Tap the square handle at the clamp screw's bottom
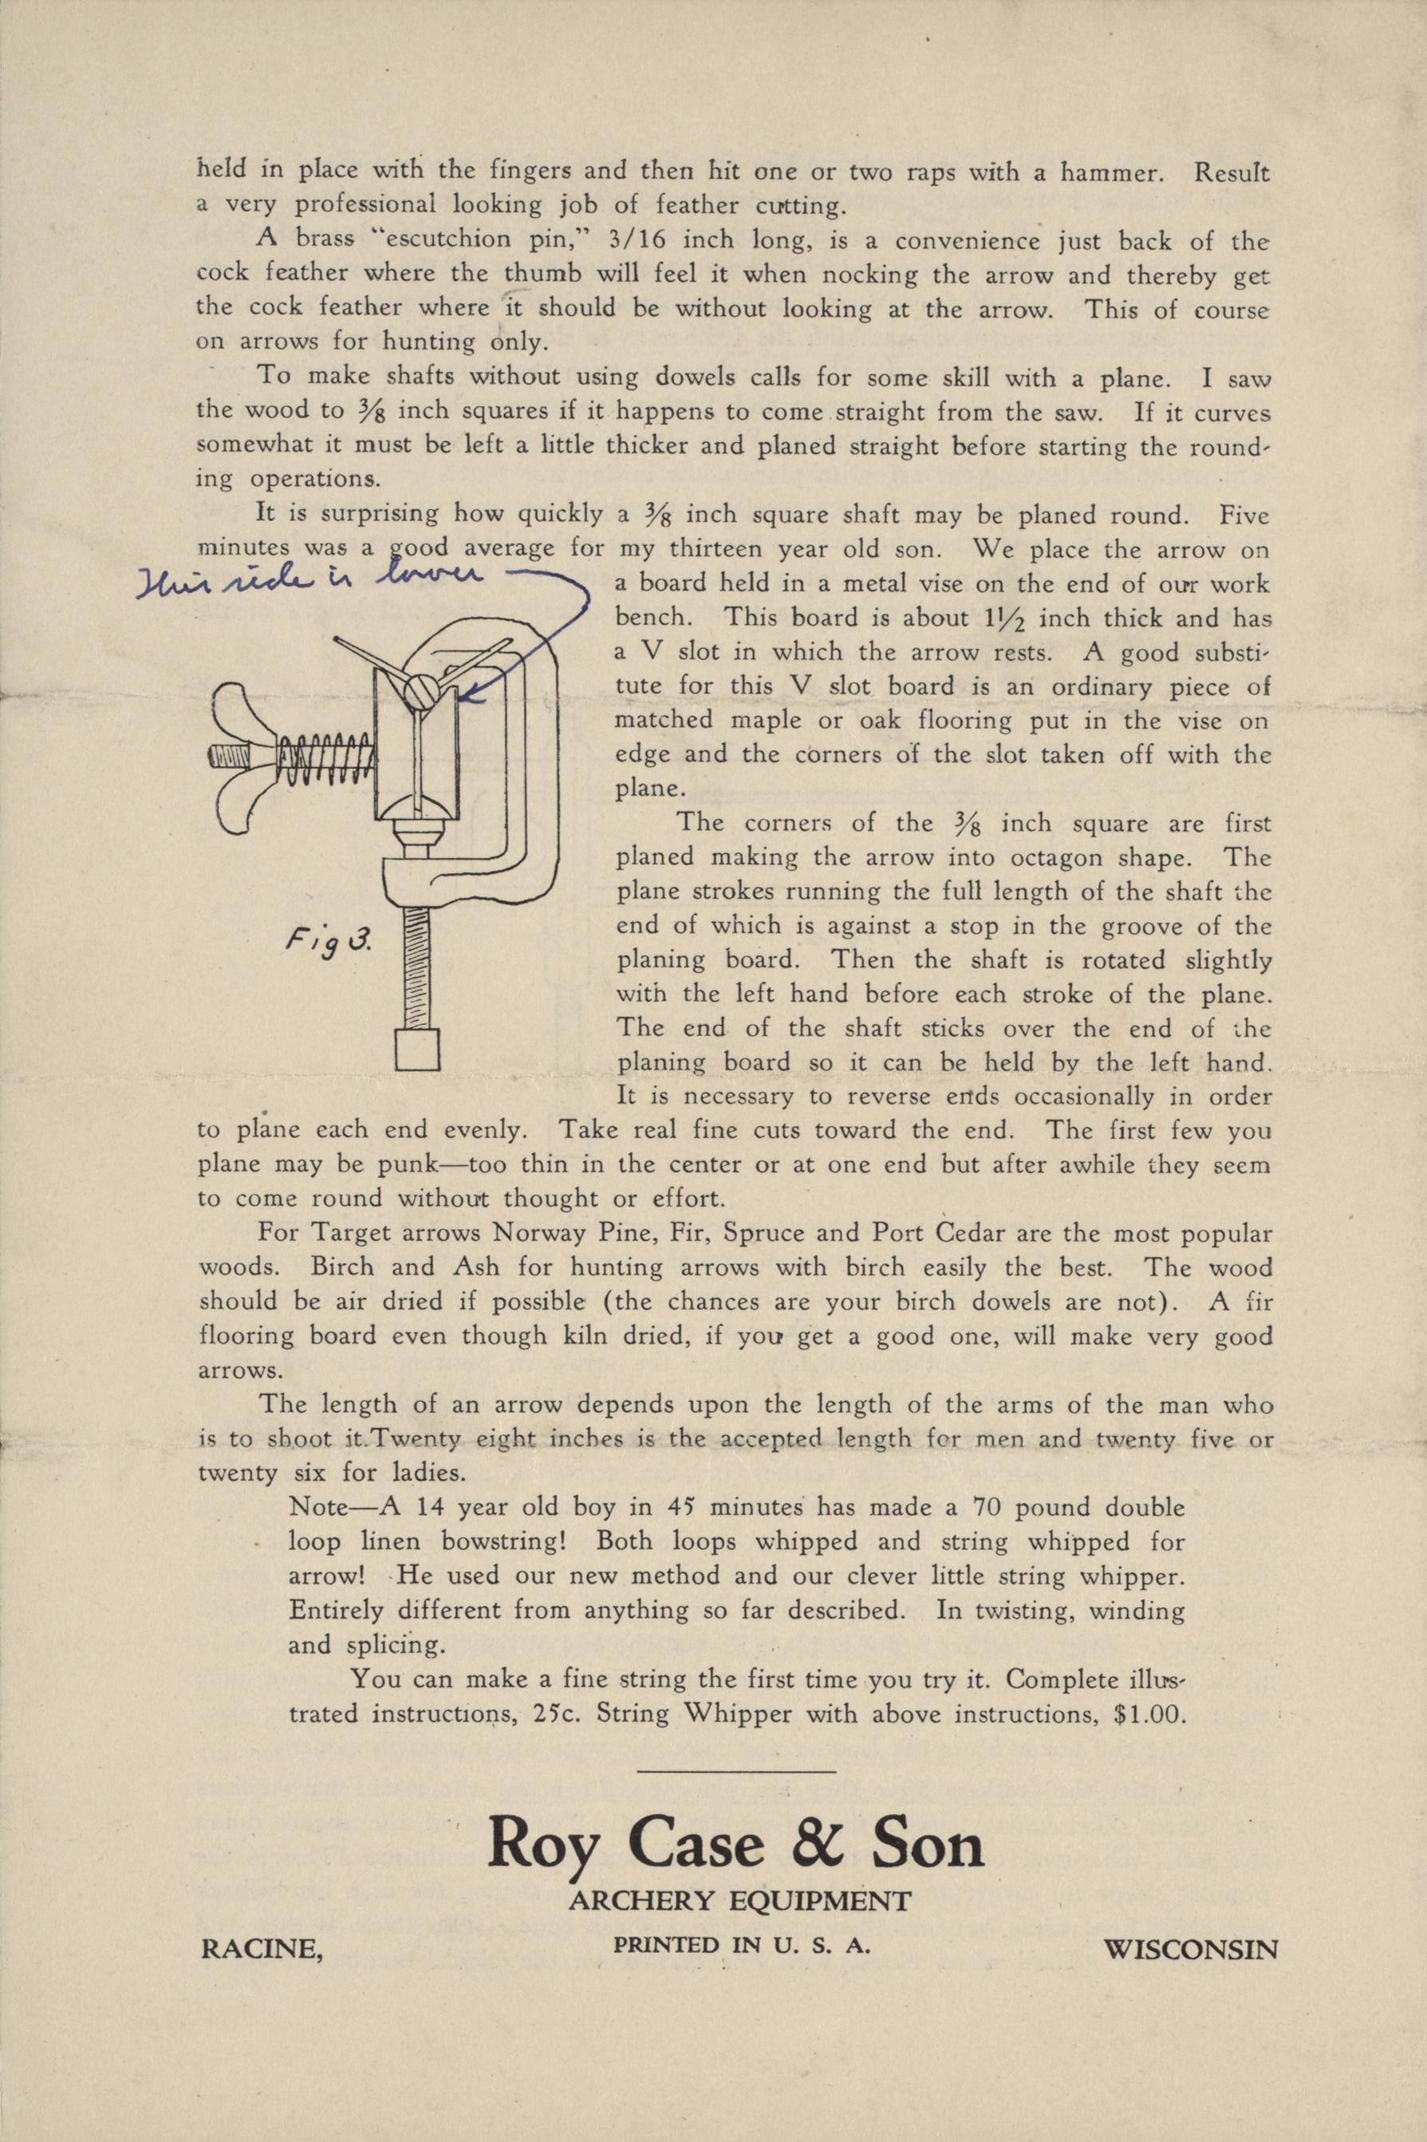[x=419, y=1049]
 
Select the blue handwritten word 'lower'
[x=426, y=581]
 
